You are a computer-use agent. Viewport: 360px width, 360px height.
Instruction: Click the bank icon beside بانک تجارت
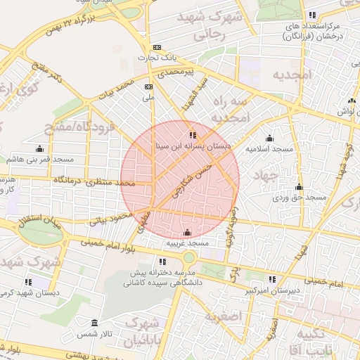pyautogui.click(x=157, y=48)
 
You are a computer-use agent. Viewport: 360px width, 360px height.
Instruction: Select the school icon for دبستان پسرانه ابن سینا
pyautogui.click(x=193, y=134)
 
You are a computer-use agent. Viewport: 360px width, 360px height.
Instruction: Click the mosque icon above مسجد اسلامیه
pyautogui.click(x=269, y=138)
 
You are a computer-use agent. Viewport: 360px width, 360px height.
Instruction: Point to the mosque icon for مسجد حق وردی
pyautogui.click(x=299, y=186)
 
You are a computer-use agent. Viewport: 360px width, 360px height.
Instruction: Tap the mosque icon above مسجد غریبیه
pyautogui.click(x=187, y=233)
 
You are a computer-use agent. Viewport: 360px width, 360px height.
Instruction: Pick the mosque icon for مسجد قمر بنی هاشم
pyautogui.click(x=39, y=148)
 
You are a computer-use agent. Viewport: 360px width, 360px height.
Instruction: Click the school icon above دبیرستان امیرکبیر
pyautogui.click(x=272, y=279)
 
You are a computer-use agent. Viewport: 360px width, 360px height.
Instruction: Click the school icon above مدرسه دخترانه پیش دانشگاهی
pyautogui.click(x=163, y=262)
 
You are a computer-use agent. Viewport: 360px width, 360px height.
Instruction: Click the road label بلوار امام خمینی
pyautogui.click(x=108, y=246)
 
